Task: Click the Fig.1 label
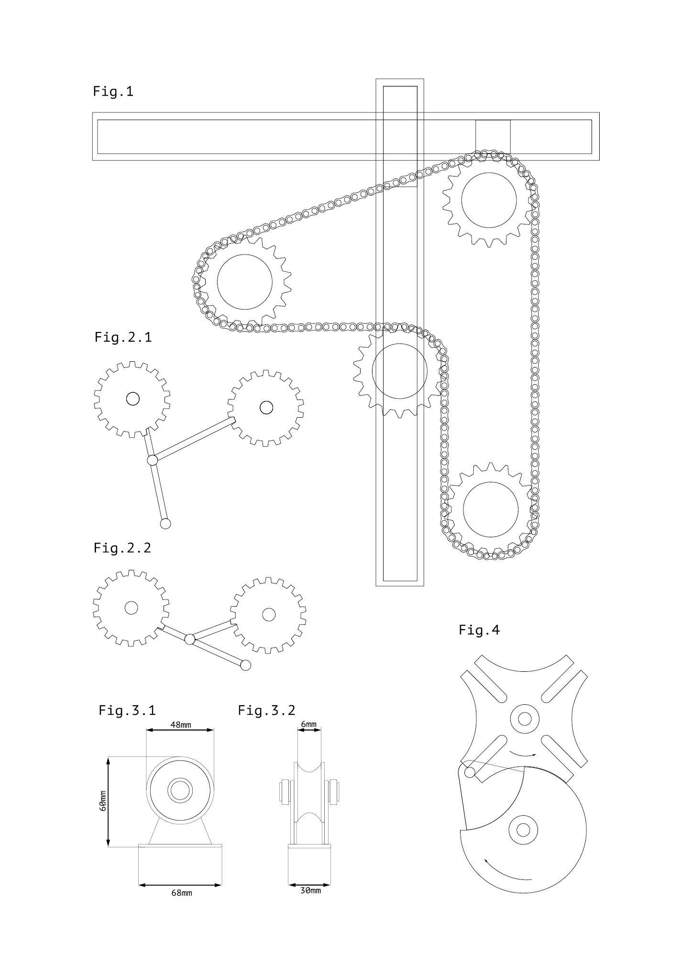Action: click(113, 91)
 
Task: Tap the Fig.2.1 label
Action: click(123, 337)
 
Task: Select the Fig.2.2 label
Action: click(122, 548)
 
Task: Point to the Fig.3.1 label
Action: click(127, 710)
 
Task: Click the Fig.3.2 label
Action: click(267, 710)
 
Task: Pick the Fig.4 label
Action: click(479, 630)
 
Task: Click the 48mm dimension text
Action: click(181, 724)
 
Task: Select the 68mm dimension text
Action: click(182, 893)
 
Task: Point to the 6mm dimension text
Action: click(308, 724)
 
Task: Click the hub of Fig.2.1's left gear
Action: click(132, 399)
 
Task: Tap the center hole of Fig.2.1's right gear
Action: click(266, 408)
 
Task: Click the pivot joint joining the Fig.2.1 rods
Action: click(152, 460)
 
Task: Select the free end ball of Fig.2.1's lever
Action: click(165, 523)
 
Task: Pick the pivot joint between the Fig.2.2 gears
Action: click(190, 639)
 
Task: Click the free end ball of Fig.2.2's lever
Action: click(245, 665)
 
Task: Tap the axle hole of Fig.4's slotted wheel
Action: click(525, 719)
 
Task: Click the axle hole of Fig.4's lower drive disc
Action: click(523, 830)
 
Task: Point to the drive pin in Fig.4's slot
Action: click(470, 772)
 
